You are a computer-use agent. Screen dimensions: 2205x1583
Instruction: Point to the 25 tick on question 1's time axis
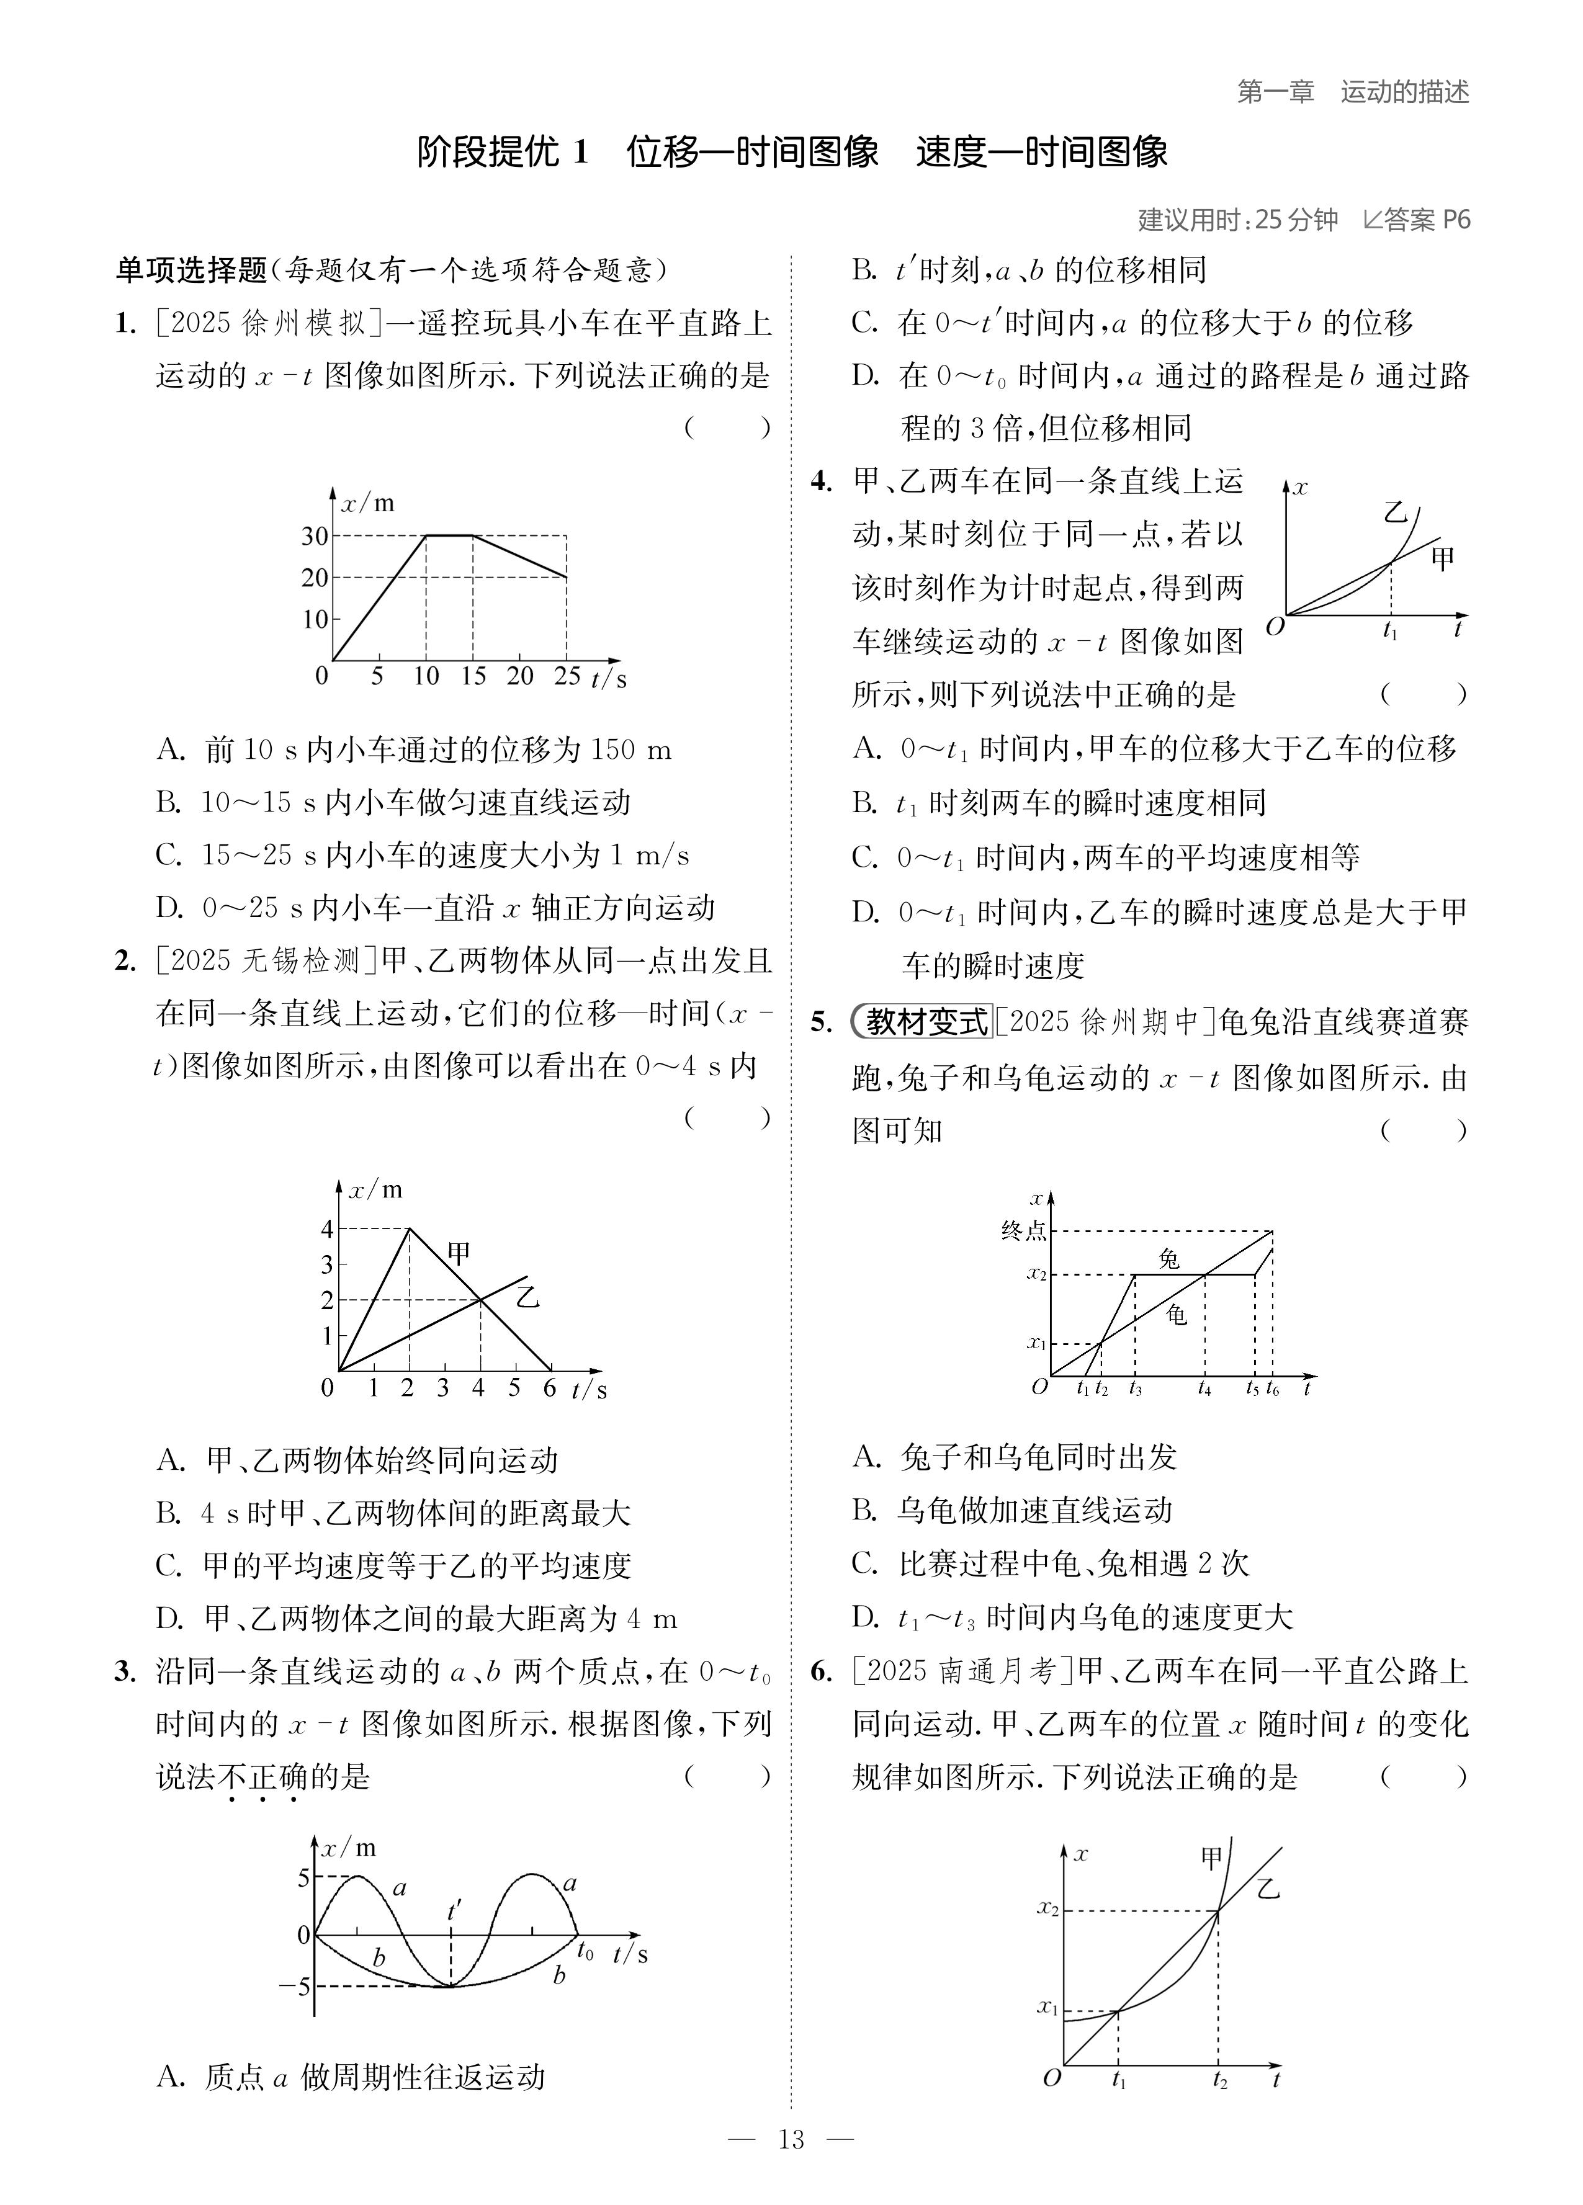click(567, 676)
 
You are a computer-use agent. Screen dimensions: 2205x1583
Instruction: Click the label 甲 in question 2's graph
click(458, 1253)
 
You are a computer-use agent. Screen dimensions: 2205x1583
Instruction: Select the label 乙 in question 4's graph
click(1396, 511)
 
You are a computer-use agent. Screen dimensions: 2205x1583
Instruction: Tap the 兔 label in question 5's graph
click(1168, 1259)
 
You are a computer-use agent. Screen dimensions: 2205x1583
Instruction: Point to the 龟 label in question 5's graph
click(1177, 1315)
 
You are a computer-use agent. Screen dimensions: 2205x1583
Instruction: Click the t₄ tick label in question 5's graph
click(1204, 1389)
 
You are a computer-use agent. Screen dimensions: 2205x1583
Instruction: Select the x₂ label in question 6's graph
click(1047, 1907)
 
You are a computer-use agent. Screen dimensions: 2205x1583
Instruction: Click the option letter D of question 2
click(169, 1619)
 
